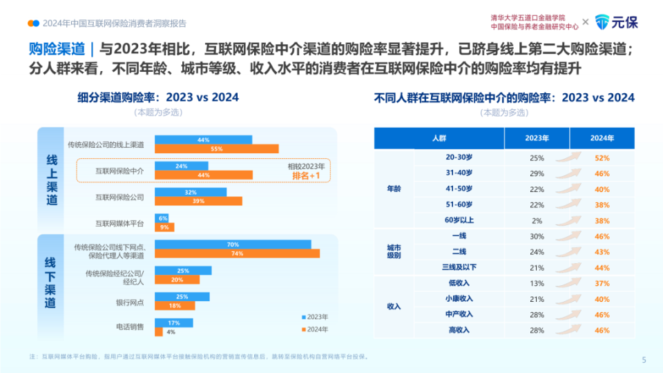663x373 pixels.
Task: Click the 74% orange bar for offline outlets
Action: tap(237, 254)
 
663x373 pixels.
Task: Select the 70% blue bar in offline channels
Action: tap(233, 245)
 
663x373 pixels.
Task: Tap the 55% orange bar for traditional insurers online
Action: tap(216, 149)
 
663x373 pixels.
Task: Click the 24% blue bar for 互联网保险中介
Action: tap(181, 166)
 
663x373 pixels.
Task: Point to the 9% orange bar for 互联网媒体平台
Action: tap(164, 227)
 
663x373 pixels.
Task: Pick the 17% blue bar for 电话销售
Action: tap(173, 323)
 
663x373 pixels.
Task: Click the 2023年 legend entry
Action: tap(315, 317)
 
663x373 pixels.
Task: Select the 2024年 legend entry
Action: tap(315, 329)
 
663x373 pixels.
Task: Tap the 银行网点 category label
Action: tap(130, 301)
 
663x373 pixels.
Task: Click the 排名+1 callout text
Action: tap(306, 175)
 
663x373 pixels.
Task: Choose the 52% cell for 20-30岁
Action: tap(602, 158)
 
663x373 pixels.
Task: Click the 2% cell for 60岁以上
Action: tap(537, 221)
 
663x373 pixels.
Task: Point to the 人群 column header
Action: tap(439, 138)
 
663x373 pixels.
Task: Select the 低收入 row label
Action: tap(459, 283)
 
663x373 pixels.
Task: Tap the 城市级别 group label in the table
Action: tap(394, 252)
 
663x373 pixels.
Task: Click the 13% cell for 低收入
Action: tap(537, 283)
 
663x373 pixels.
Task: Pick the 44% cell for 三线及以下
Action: tap(602, 267)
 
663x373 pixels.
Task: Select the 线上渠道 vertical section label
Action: tap(51, 180)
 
